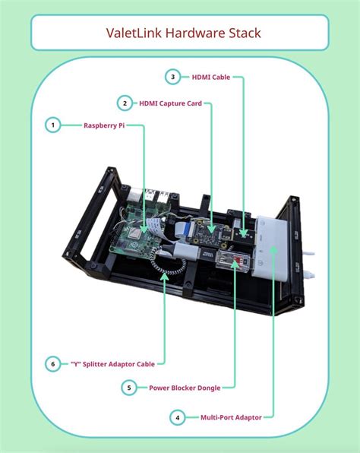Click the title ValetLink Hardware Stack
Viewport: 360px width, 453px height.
coord(183,33)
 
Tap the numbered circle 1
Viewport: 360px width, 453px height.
coord(53,125)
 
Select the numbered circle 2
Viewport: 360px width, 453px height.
coord(125,103)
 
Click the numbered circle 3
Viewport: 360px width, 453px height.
coord(172,77)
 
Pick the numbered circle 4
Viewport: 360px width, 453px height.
coord(177,417)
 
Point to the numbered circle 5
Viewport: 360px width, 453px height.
coord(129,388)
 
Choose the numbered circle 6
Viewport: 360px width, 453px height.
coord(53,364)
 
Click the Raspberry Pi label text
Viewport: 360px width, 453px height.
coord(104,125)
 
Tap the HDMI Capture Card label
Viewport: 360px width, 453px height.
coord(170,103)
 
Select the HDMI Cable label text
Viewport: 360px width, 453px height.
coord(211,77)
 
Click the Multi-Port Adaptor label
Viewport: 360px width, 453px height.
coord(231,417)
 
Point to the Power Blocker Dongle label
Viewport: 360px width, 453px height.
coord(185,388)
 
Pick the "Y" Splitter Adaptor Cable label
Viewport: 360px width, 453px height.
coord(113,364)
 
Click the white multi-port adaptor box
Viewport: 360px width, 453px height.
coord(270,249)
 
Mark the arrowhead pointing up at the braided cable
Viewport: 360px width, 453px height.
coord(164,276)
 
